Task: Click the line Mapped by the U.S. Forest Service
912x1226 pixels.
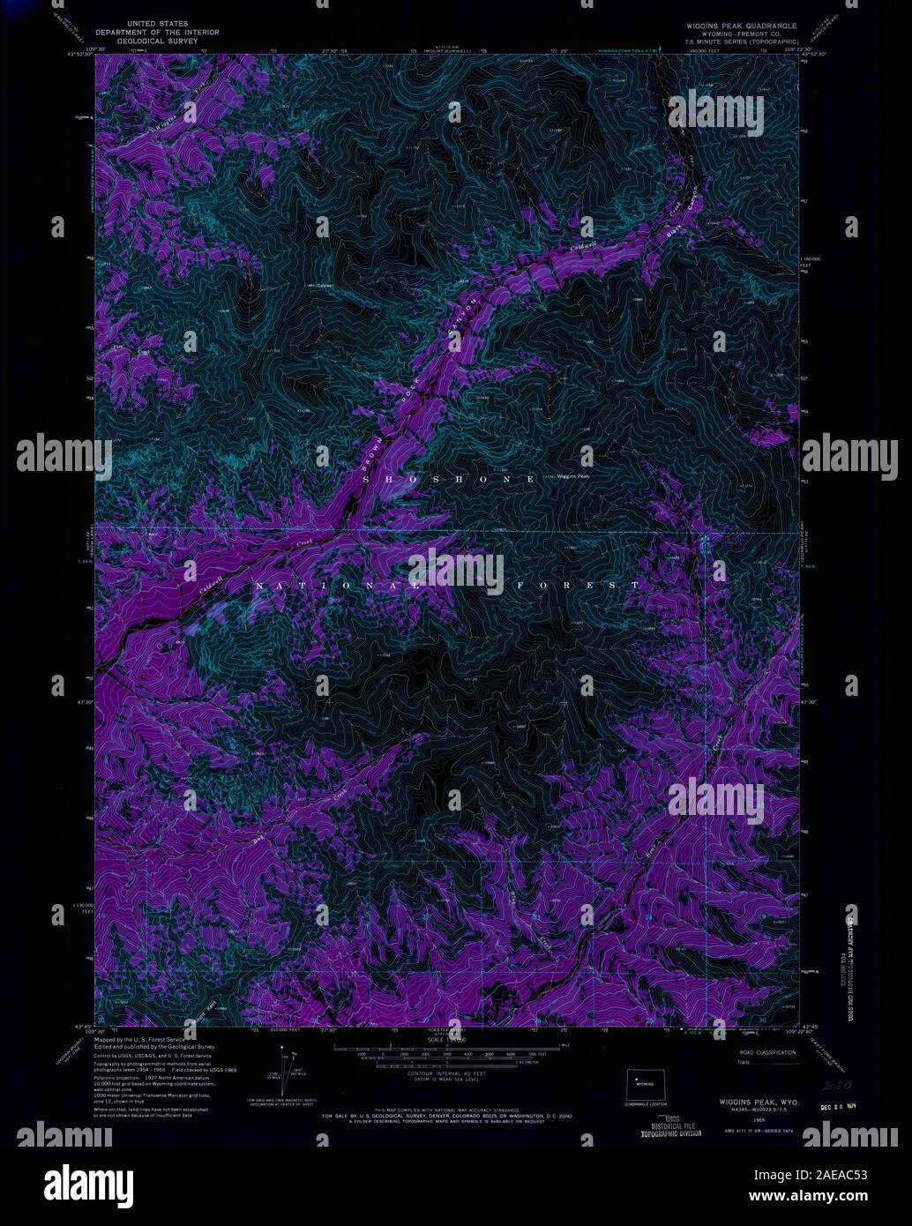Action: coord(141,1041)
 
